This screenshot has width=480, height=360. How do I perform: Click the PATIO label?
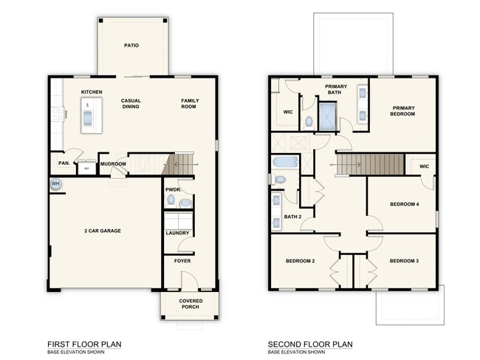click(x=131, y=45)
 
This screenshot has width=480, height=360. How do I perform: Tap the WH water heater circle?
click(x=55, y=183)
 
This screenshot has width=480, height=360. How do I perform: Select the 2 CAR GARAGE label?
click(x=103, y=231)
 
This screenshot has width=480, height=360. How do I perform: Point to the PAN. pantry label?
click(x=64, y=163)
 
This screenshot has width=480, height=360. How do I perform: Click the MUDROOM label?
click(x=113, y=163)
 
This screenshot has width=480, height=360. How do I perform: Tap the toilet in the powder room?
click(x=185, y=201)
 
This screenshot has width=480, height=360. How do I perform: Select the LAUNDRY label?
click(x=178, y=234)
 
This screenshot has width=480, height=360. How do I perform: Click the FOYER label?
click(x=182, y=261)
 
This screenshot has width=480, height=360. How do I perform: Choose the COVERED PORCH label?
click(x=191, y=305)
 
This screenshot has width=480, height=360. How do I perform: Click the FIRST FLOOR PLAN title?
click(x=84, y=344)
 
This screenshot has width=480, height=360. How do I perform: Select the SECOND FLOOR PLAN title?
click(x=310, y=344)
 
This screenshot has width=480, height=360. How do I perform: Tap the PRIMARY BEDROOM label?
click(x=403, y=112)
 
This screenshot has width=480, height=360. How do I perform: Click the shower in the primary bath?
click(x=326, y=116)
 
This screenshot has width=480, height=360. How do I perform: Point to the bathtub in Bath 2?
click(x=285, y=162)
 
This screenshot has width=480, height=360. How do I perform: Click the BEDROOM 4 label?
click(x=403, y=203)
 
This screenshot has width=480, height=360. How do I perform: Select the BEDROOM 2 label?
click(x=301, y=261)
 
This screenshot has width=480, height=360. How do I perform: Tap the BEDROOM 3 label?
click(x=404, y=261)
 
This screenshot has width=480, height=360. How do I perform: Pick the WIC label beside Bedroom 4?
click(x=424, y=166)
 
